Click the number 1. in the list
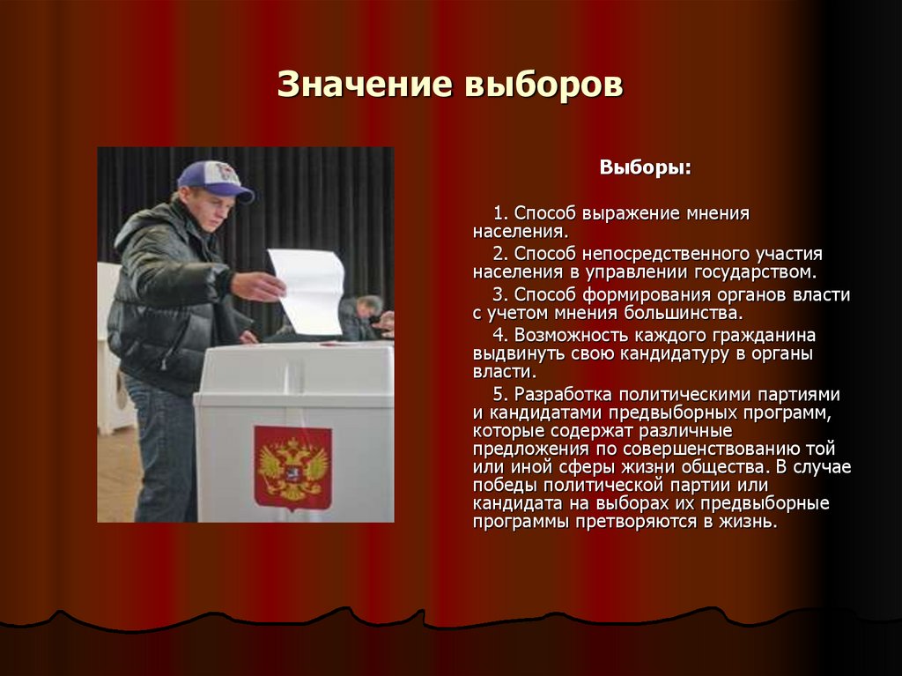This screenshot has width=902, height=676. [x=501, y=214]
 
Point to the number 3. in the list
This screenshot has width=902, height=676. [x=502, y=295]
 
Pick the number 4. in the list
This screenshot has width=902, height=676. [x=502, y=336]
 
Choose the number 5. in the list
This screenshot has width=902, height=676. [x=502, y=394]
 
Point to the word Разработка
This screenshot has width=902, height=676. [x=561, y=394]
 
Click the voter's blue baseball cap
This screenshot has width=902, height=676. [x=214, y=178]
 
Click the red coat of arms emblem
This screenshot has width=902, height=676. [x=292, y=467]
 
